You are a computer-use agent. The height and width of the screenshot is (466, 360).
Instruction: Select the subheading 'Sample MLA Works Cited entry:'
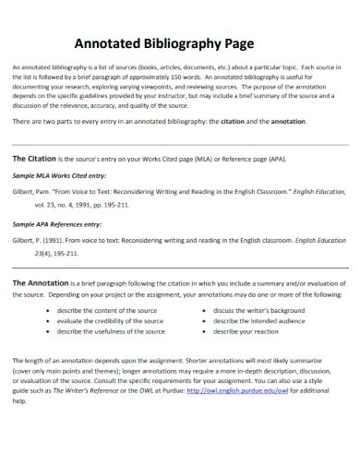[59, 175]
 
